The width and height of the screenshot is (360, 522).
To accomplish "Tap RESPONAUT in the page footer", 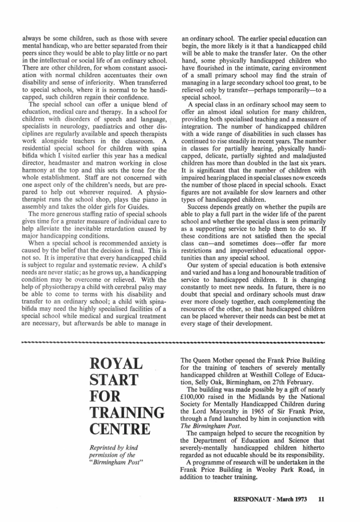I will click(x=254, y=499).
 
